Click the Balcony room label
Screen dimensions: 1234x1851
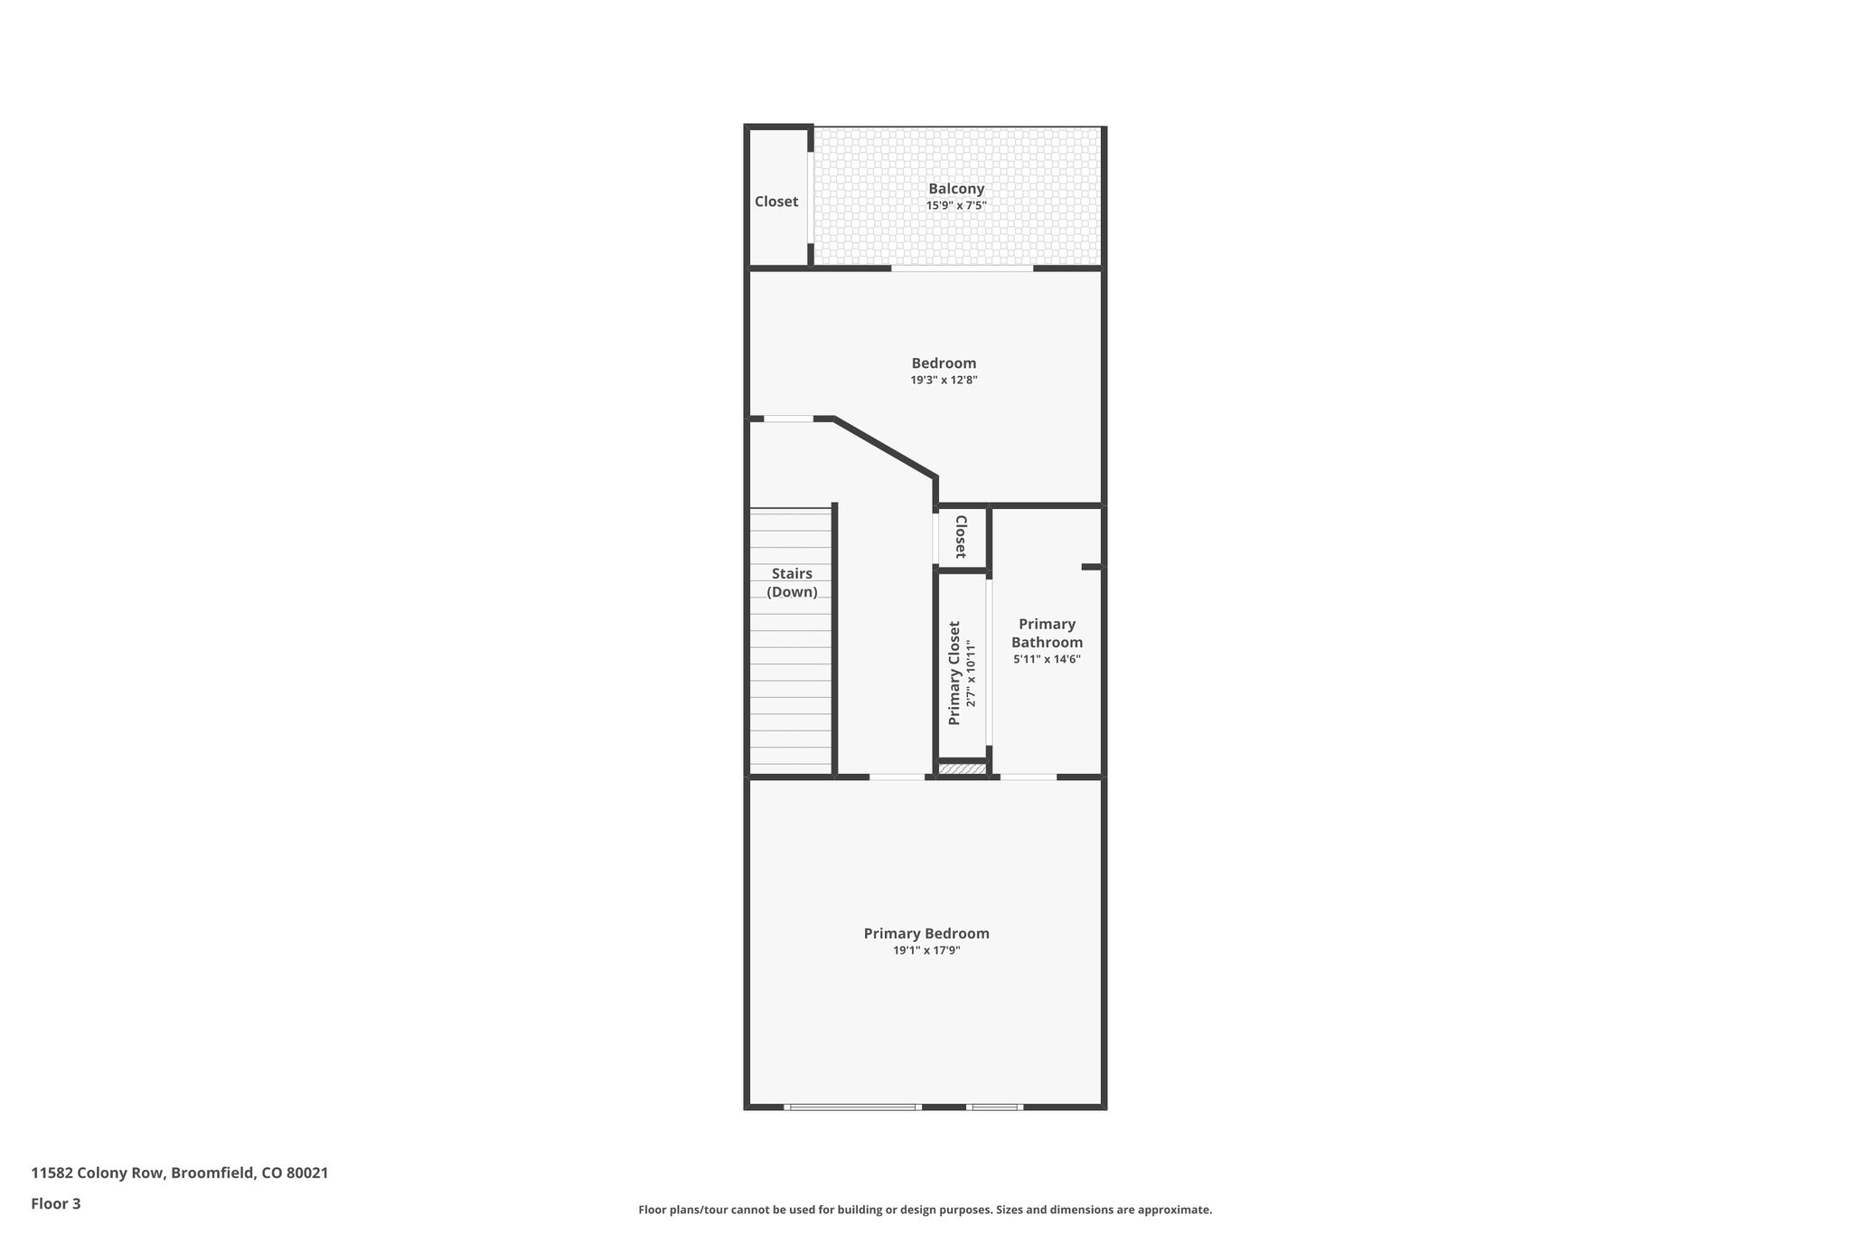click(956, 189)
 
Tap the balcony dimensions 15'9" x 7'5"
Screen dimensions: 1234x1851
click(956, 206)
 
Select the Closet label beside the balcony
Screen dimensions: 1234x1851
click(776, 202)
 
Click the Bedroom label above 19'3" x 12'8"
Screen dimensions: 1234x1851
click(944, 363)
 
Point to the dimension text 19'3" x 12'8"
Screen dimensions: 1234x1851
click(944, 381)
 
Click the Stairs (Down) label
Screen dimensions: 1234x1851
click(792, 583)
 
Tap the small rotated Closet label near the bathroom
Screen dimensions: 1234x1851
click(961, 537)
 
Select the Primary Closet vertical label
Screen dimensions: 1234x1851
click(954, 673)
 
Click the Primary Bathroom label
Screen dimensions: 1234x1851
click(1047, 633)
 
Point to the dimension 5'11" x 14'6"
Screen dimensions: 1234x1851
click(1047, 659)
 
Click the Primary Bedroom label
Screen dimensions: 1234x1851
click(926, 934)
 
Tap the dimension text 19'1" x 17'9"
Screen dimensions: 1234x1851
click(926, 951)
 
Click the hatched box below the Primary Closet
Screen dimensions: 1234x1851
click(962, 769)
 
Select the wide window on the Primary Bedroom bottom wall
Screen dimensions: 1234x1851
click(852, 1107)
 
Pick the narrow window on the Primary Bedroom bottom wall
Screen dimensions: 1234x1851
click(994, 1107)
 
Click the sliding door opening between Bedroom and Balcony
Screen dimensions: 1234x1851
click(963, 268)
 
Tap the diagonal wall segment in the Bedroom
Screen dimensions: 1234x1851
click(884, 447)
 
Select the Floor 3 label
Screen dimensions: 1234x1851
click(56, 1204)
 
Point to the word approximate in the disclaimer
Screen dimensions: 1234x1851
click(1173, 1210)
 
